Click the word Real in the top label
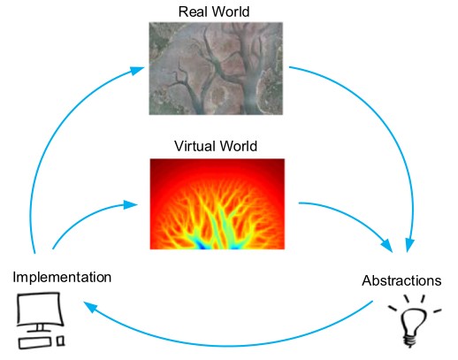click(193, 11)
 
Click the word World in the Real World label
click(231, 11)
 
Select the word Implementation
click(62, 278)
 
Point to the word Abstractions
click(401, 280)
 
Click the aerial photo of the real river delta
click(216, 68)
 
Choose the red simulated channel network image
click(218, 204)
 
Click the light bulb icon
click(415, 321)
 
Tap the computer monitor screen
click(41, 309)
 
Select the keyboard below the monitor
click(34, 343)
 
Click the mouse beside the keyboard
click(61, 341)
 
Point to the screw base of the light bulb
click(410, 341)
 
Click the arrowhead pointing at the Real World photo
click(137, 70)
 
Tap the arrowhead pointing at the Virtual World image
click(131, 204)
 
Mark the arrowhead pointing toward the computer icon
click(90, 307)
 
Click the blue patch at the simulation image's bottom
click(202, 245)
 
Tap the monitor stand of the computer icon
click(39, 328)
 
